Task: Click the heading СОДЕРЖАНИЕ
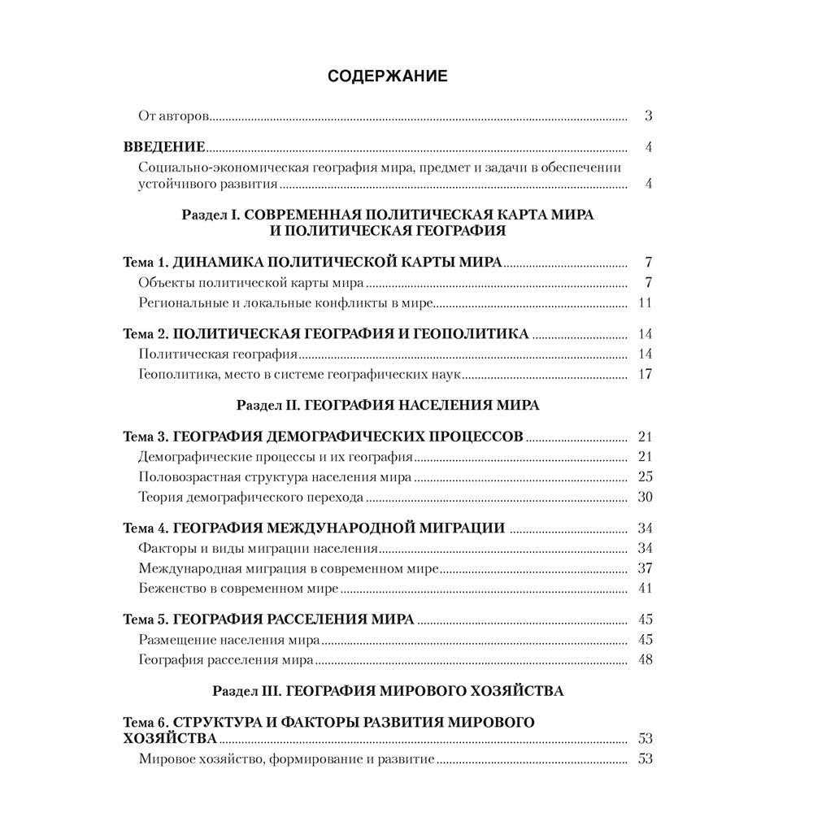pyautogui.click(x=387, y=76)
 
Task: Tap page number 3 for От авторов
pyautogui.click(x=649, y=116)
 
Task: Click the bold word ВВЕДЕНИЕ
pyautogui.click(x=163, y=147)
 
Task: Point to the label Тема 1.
pyautogui.click(x=145, y=263)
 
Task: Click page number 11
pyautogui.click(x=646, y=304)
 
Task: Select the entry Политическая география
pyautogui.click(x=217, y=354)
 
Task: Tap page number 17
pyautogui.click(x=646, y=375)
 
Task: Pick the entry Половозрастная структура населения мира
pyautogui.click(x=275, y=476)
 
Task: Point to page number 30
pyautogui.click(x=646, y=497)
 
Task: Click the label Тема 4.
pyautogui.click(x=145, y=528)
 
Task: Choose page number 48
pyautogui.click(x=646, y=660)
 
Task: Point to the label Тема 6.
pyautogui.click(x=145, y=722)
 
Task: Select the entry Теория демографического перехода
pyautogui.click(x=250, y=497)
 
